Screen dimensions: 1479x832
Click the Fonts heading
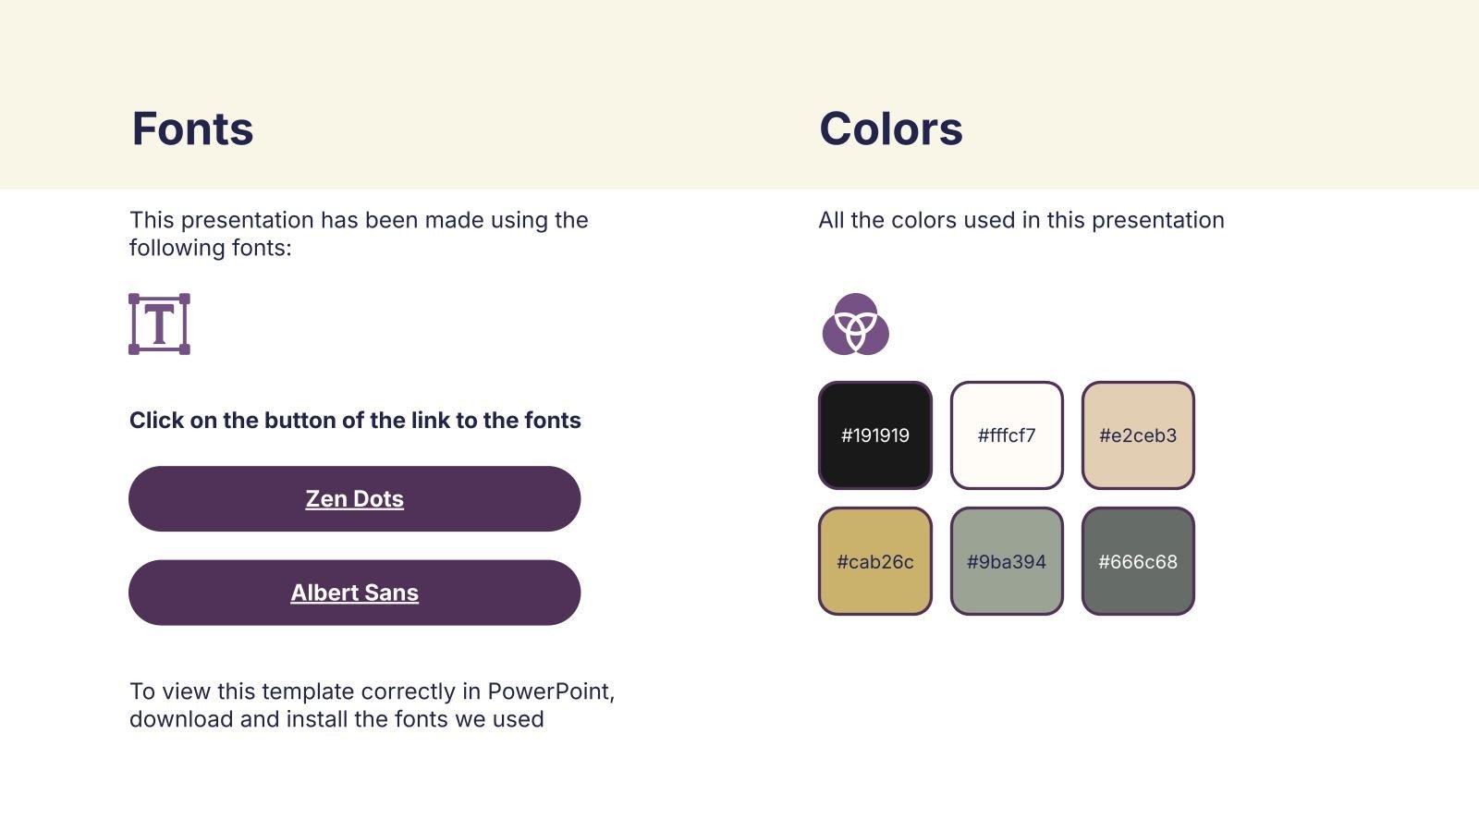click(x=192, y=128)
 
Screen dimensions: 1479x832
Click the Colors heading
click(x=891, y=128)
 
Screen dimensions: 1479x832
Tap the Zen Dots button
click(x=355, y=498)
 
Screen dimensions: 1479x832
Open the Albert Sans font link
click(x=355, y=593)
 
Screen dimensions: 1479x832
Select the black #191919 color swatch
click(x=874, y=435)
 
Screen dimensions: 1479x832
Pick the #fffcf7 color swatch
click(x=1007, y=435)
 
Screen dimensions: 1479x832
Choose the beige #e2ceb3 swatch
click(x=1138, y=435)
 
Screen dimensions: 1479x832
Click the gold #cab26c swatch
click(x=874, y=561)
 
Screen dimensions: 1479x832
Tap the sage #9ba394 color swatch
click(x=1007, y=561)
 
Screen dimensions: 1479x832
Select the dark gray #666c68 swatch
click(x=1138, y=561)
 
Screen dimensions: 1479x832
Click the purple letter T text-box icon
click(x=159, y=324)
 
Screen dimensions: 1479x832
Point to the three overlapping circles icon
click(x=856, y=324)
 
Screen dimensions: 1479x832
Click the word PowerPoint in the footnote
click(x=551, y=691)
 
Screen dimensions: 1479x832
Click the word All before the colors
click(x=831, y=220)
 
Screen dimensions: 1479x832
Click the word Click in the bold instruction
click(x=156, y=420)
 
